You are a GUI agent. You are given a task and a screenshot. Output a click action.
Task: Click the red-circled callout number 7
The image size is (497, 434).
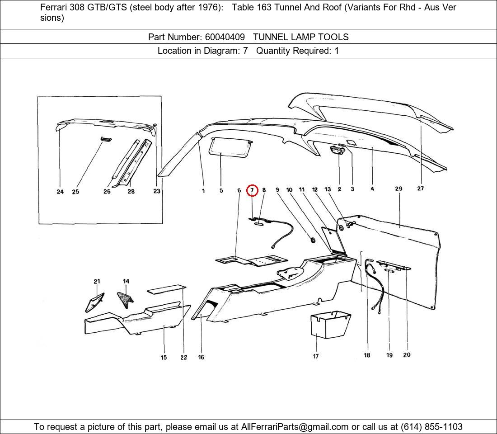pyautogui.click(x=252, y=190)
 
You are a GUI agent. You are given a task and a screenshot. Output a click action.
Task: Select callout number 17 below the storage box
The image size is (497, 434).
pyautogui.click(x=316, y=356)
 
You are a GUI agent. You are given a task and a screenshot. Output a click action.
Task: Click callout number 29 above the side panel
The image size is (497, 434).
pyautogui.click(x=399, y=189)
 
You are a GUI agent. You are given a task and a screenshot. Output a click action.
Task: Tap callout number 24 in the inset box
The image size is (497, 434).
pyautogui.click(x=60, y=192)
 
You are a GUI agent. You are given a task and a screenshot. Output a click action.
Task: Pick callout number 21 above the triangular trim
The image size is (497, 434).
pyautogui.click(x=97, y=281)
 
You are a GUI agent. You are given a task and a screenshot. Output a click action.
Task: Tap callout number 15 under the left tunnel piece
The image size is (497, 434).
pyautogui.click(x=164, y=358)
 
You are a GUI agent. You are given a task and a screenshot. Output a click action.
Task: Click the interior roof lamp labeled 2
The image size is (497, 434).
pyautogui.click(x=337, y=150)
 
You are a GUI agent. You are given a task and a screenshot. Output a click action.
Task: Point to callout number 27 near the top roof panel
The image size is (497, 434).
pyautogui.click(x=421, y=189)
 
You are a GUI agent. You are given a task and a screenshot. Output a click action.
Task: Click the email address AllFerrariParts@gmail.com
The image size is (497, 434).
pyautogui.click(x=295, y=427)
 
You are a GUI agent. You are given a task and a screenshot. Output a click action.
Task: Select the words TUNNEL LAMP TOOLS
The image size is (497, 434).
pyautogui.click(x=301, y=37)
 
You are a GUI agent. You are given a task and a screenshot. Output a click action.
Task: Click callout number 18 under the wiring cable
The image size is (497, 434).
pyautogui.click(x=367, y=355)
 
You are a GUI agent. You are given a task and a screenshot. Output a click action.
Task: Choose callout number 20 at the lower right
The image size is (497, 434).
pyautogui.click(x=407, y=355)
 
